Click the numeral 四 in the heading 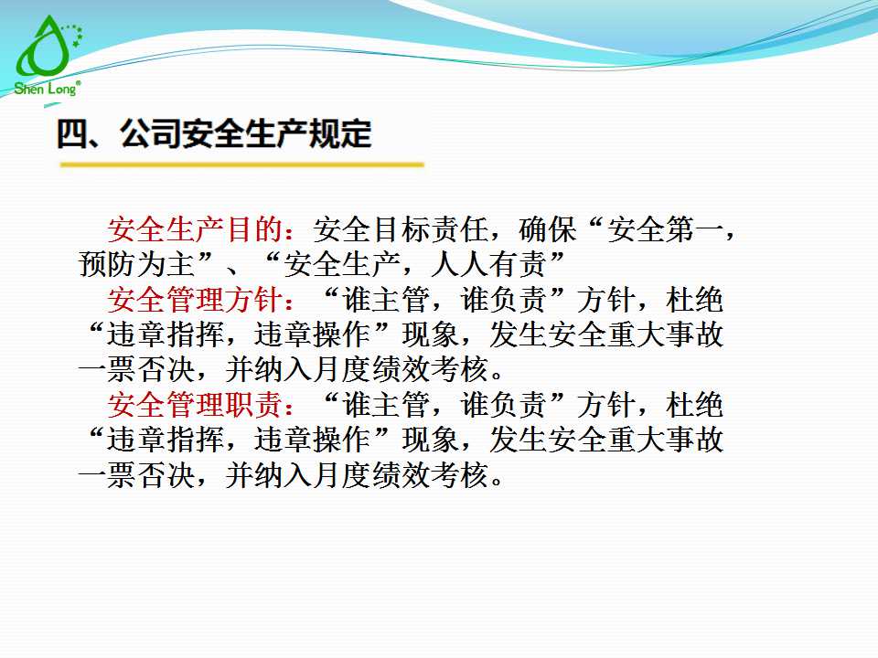click(71, 134)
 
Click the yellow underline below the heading click(241, 165)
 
